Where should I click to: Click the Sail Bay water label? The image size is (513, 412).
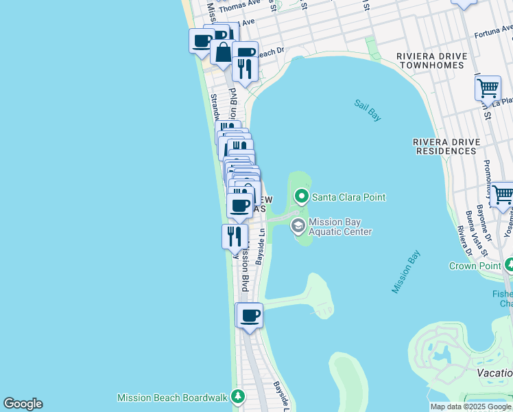coord(368,110)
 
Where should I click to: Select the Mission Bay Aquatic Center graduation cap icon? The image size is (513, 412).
coord(298,225)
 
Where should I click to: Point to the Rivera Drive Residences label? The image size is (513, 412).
coord(445,146)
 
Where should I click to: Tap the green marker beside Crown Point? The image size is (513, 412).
coord(510,265)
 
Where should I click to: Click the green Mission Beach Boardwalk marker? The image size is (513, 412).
coord(238,397)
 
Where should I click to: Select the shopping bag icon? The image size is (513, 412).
coord(223,52)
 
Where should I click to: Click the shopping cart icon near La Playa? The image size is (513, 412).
coord(487,88)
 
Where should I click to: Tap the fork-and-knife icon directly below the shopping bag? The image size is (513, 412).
coord(244,67)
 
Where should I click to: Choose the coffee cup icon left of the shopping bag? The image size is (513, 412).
coord(202,41)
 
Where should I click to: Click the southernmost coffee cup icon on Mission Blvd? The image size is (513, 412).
coord(250,316)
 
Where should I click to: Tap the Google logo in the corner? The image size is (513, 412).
coord(23,404)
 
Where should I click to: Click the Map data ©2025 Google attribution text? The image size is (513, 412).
coord(471,407)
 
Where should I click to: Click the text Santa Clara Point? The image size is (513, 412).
coord(348,197)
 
